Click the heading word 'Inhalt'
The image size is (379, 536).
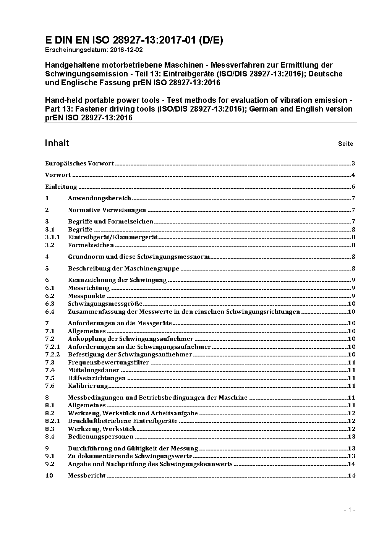click(x=57, y=143)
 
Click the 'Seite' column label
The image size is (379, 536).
click(x=345, y=144)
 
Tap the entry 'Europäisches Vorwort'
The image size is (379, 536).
click(x=79, y=164)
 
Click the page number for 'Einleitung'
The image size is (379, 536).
click(x=353, y=187)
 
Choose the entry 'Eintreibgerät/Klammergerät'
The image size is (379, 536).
click(x=113, y=237)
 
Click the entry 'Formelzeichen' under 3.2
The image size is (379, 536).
click(x=91, y=245)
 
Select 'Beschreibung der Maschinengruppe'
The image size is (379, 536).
click(x=123, y=269)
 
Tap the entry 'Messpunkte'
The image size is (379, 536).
click(x=87, y=296)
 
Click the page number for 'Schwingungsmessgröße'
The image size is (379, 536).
click(x=352, y=304)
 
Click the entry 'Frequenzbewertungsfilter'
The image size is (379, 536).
click(x=109, y=363)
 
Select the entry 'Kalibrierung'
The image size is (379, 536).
click(x=88, y=386)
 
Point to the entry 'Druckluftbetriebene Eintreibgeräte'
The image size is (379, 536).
click(x=123, y=421)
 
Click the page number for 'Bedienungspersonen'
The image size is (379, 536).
click(x=352, y=437)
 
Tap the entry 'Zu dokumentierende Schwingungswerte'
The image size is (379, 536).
click(x=130, y=456)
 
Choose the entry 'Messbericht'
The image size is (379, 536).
click(x=87, y=476)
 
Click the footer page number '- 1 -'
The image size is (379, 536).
click(x=350, y=510)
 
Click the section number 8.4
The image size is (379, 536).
click(x=50, y=437)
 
